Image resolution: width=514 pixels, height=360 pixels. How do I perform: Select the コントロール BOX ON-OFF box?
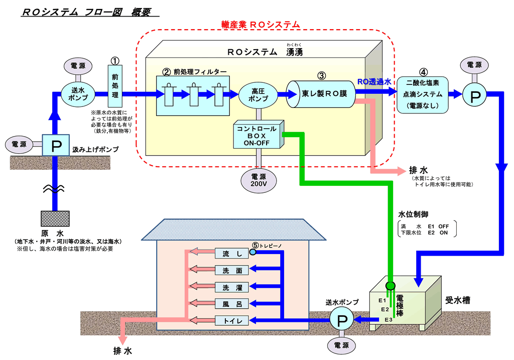[x=258, y=135]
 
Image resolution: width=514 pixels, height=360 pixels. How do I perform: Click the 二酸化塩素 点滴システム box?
[x=422, y=94]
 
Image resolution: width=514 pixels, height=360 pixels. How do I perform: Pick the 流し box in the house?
[x=232, y=254]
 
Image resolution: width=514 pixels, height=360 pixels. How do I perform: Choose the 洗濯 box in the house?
[x=232, y=287]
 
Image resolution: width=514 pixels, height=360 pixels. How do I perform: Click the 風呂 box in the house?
[x=232, y=304]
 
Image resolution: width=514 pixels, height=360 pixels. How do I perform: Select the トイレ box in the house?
[x=232, y=320]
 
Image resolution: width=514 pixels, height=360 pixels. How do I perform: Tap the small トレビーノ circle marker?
[x=252, y=252]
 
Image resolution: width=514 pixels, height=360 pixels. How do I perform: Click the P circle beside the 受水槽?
[x=341, y=320]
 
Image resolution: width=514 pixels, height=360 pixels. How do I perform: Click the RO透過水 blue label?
[x=374, y=81]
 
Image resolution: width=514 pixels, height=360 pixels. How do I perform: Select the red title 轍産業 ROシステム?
[x=261, y=24]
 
